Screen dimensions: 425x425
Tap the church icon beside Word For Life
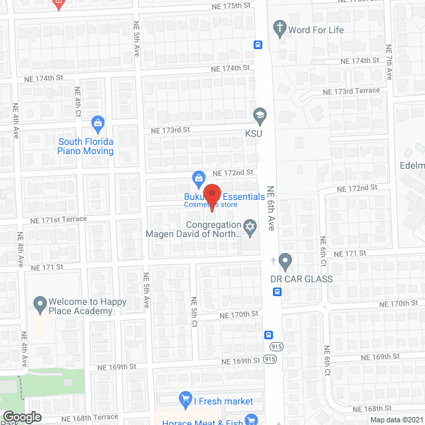point(280,29)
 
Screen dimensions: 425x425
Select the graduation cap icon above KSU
point(260,115)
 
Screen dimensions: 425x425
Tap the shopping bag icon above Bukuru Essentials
point(198,177)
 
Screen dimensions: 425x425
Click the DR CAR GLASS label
point(301,279)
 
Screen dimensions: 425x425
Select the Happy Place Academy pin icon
point(39,305)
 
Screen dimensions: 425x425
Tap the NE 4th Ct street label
point(78,102)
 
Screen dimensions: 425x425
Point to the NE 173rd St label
point(170,130)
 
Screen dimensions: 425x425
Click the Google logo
point(21,417)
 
